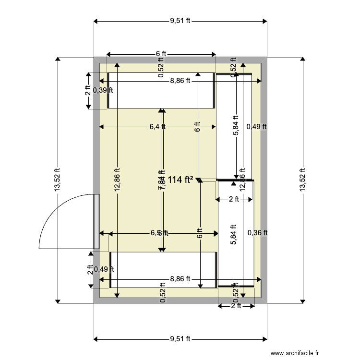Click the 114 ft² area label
pos(180,180)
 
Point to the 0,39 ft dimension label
pos(103,90)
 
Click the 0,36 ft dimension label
pos(257,233)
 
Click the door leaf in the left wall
pos(96,222)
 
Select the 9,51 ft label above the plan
pos(180,21)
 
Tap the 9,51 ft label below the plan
pos(180,339)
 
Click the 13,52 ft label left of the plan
pos(58,180)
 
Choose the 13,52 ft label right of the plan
pos(302,180)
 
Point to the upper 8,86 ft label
pos(180,81)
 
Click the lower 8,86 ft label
pos(180,278)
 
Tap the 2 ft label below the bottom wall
pos(236,306)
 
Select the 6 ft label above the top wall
pos(160,54)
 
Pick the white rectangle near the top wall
pos(160,90)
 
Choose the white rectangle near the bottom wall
pos(163,269)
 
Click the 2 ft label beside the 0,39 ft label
pos(88,90)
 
